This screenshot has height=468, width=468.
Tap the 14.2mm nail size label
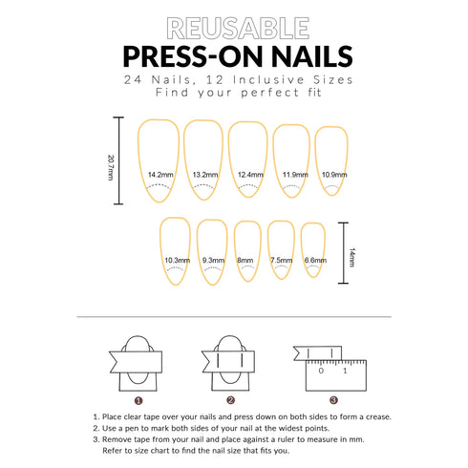tap(161, 175)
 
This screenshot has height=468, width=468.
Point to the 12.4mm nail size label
tap(250, 175)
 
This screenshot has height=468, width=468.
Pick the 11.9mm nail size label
tap(294, 175)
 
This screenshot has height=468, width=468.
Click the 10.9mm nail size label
tap(333, 175)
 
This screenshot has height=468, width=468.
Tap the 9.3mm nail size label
tap(213, 260)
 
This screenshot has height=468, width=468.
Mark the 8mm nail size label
tap(245, 260)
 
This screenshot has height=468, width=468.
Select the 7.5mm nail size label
tap(281, 260)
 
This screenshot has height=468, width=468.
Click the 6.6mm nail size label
tap(314, 260)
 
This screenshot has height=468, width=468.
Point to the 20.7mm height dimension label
tap(110, 160)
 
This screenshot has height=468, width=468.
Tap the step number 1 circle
tap(138, 400)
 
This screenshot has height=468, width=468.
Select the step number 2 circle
tap(230, 400)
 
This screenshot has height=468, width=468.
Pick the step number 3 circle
tap(332, 400)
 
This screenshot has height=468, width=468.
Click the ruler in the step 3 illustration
tap(333, 372)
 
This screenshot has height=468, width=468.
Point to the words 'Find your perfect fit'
tap(234, 96)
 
